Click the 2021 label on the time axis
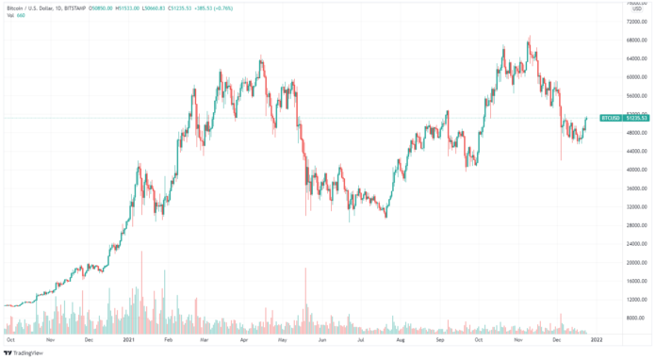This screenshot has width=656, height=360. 130,337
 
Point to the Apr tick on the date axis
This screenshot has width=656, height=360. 245,337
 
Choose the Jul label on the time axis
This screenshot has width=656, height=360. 361,337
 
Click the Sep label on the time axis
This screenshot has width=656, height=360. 440,337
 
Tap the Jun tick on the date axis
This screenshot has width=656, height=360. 322,337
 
